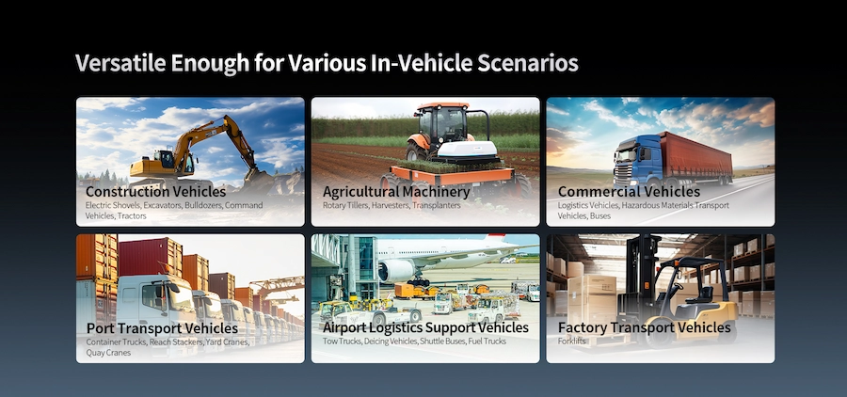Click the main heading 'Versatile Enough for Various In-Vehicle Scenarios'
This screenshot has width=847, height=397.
[x=326, y=64]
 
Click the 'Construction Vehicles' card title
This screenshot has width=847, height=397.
[x=151, y=191]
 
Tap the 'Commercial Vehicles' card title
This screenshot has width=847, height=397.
[x=629, y=191]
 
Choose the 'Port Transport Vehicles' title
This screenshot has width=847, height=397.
[x=161, y=327]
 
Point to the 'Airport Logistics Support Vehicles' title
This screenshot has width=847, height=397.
[x=425, y=327]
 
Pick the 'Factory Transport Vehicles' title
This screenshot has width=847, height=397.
[x=644, y=327]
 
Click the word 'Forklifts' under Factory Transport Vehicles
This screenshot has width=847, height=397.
[x=572, y=341]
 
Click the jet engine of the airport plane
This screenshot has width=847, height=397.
[x=396, y=270]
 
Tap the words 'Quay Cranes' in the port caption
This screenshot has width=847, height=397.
[x=106, y=353]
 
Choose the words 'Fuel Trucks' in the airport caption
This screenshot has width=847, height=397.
[x=487, y=341]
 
